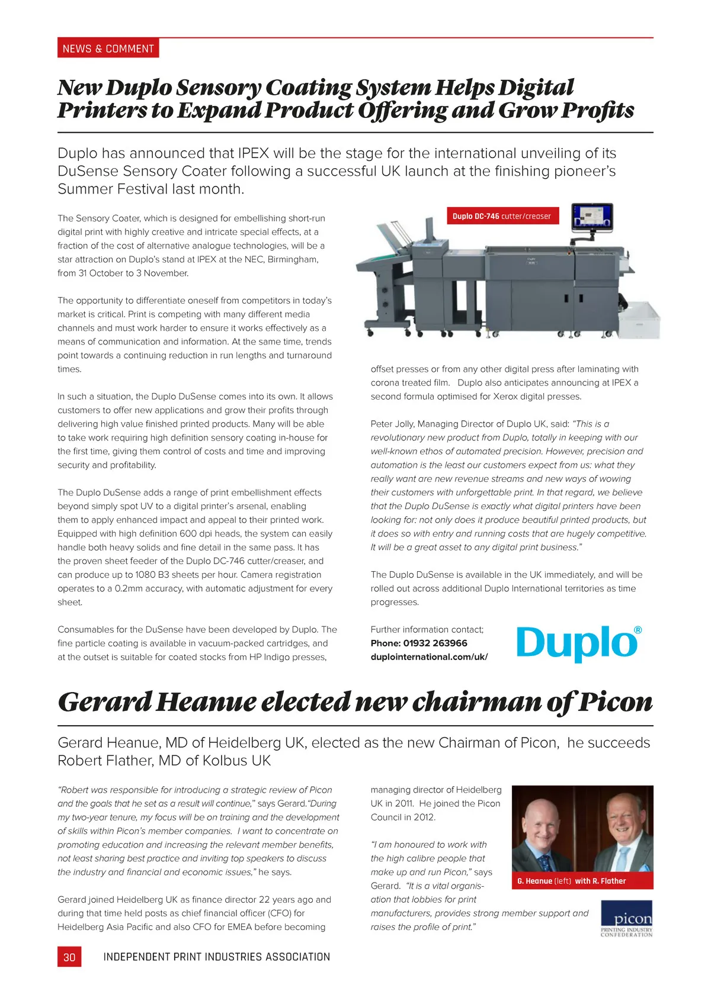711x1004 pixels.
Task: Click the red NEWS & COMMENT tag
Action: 108,49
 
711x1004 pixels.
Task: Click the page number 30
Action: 69,957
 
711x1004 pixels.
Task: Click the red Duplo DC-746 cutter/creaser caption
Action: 501,216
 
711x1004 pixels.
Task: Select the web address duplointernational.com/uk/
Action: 429,657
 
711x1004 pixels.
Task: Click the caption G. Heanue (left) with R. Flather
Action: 571,881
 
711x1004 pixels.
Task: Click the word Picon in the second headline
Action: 615,703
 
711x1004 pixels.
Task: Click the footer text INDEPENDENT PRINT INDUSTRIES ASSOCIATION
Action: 216,957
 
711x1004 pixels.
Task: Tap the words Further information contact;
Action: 427,630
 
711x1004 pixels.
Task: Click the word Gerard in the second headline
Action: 105,703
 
